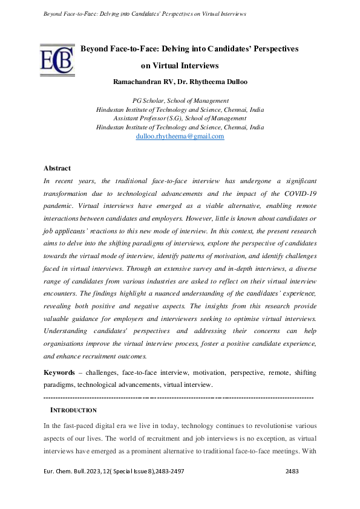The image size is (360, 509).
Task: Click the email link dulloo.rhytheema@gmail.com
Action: pyautogui.click(x=180, y=137)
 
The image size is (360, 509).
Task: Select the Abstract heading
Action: pyautogui.click(x=57, y=168)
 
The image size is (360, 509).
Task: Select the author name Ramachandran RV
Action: pyautogui.click(x=143, y=80)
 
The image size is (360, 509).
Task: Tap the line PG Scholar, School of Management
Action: pyautogui.click(x=180, y=100)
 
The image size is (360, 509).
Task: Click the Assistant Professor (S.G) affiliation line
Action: pyautogui.click(x=180, y=118)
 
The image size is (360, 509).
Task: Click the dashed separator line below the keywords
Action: pyautogui.click(x=179, y=398)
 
